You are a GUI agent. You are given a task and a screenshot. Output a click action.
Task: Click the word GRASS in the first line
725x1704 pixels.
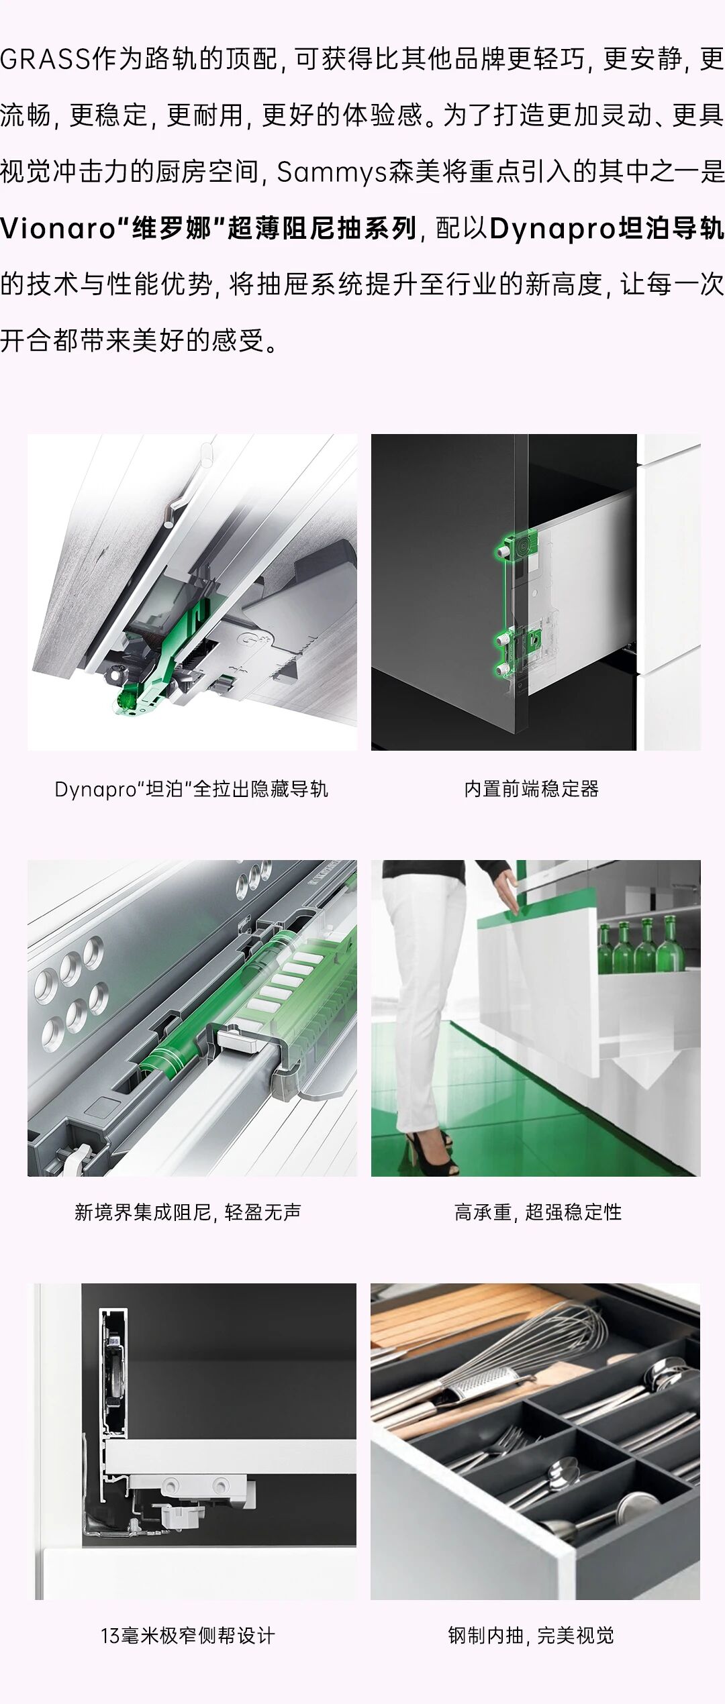(x=46, y=60)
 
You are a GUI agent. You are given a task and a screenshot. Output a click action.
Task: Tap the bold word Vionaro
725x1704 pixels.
(x=58, y=229)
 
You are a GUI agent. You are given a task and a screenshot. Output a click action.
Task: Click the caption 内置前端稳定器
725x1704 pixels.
(x=531, y=789)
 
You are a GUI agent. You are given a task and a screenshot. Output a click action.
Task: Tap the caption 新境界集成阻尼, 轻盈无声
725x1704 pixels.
(x=188, y=1212)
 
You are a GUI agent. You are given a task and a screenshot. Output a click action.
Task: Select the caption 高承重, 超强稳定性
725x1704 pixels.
(x=538, y=1212)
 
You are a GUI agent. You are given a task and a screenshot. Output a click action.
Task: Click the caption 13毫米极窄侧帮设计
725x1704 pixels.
(x=188, y=1636)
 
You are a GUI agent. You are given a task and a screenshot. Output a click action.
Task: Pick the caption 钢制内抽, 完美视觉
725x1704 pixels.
(x=531, y=1636)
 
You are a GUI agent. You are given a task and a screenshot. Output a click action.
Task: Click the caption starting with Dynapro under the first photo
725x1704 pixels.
(x=191, y=789)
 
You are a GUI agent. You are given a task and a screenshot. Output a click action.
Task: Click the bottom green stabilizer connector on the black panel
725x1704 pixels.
(x=502, y=669)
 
